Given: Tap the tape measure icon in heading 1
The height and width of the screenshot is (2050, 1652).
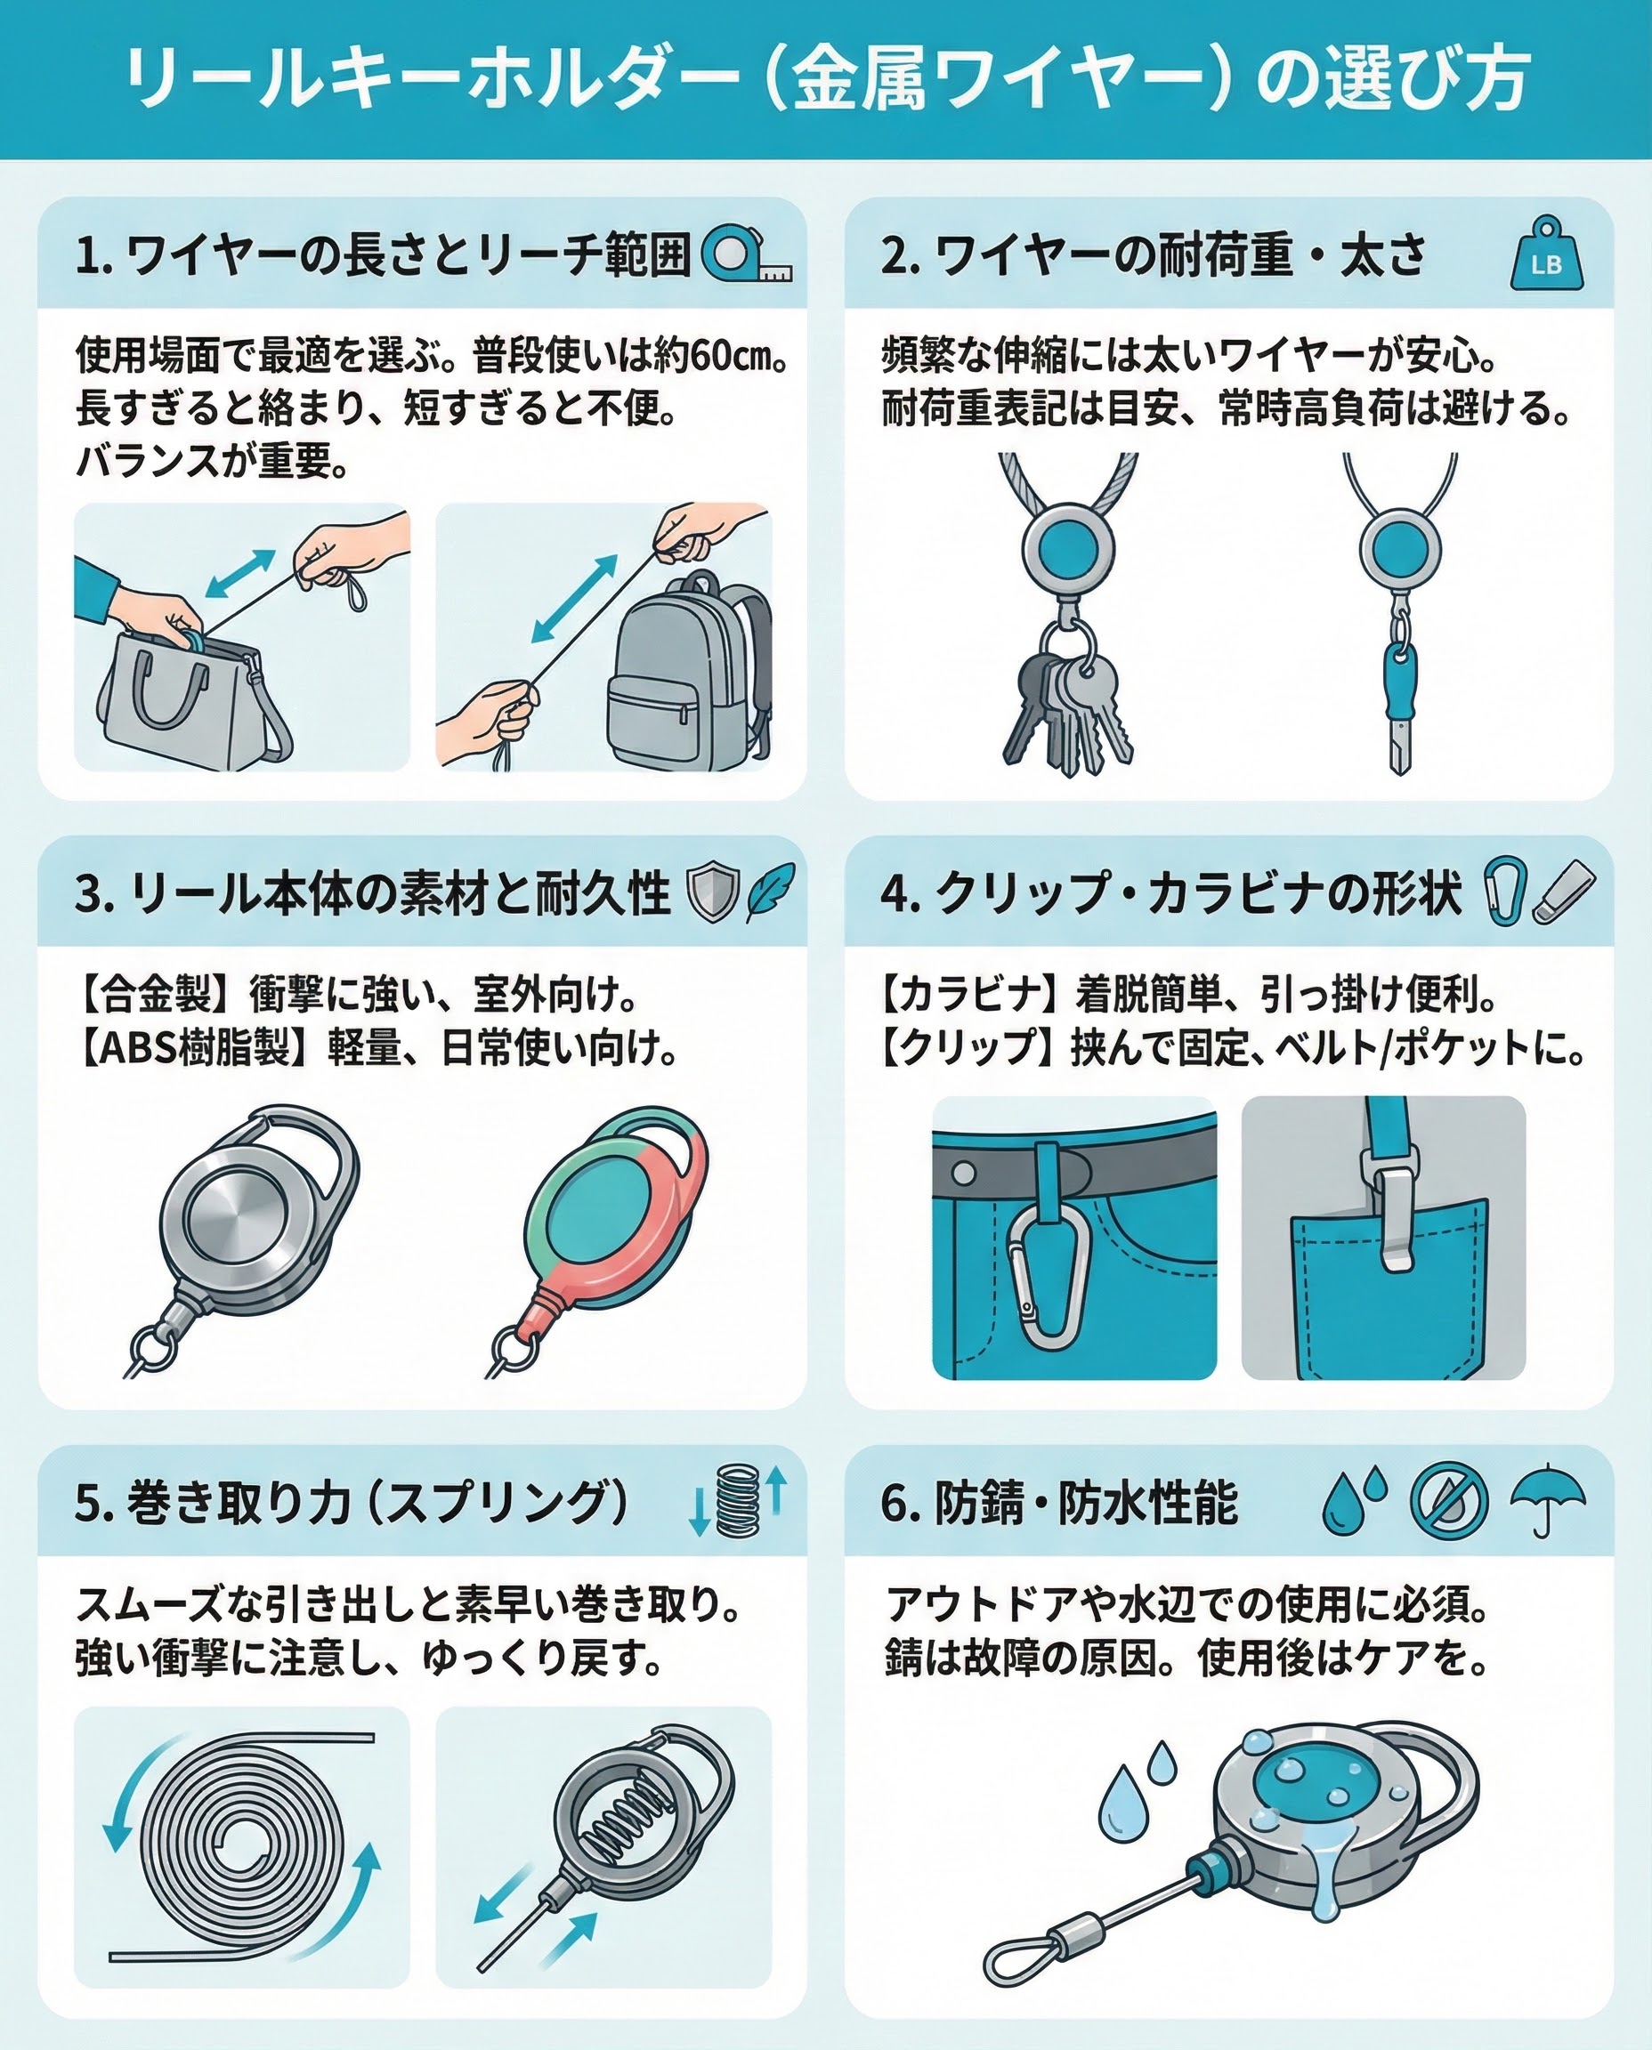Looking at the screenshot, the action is tap(746, 253).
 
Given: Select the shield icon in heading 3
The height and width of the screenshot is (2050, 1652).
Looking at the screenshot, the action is tap(713, 892).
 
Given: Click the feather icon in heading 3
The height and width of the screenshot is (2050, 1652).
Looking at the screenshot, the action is tap(770, 892).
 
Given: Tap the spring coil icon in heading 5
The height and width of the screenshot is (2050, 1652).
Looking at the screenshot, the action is tap(738, 1500).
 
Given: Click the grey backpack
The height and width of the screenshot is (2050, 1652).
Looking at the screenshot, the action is tap(689, 674).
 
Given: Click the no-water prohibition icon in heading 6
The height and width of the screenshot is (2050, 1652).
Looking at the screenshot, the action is tap(1448, 1500).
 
